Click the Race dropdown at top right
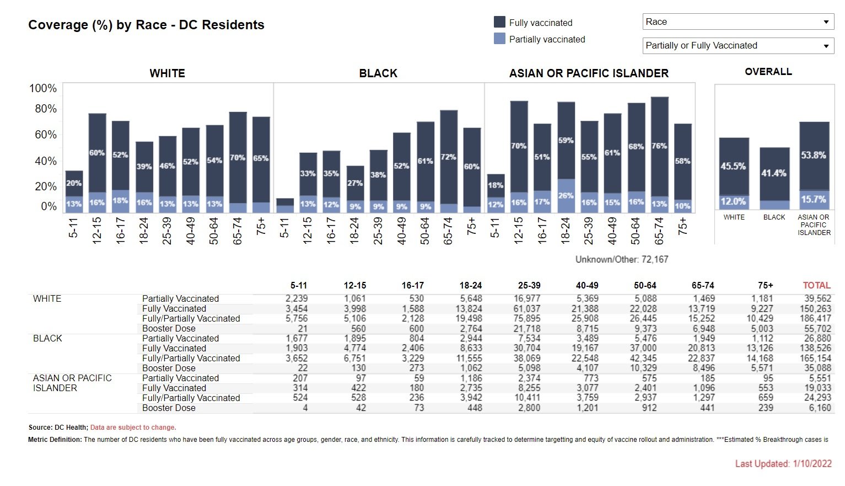[x=738, y=22]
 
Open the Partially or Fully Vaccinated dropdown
[x=738, y=46]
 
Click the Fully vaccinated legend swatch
[x=499, y=22]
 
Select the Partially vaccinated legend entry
[x=547, y=39]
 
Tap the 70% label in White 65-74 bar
[x=238, y=158]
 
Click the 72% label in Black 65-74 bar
[x=449, y=157]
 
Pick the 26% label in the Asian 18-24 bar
[x=566, y=195]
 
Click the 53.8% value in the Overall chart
[x=814, y=156]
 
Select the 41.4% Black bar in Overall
[x=774, y=173]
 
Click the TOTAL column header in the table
[x=816, y=285]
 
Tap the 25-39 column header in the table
[x=529, y=285]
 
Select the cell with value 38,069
[x=527, y=359]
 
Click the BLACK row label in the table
[x=47, y=338]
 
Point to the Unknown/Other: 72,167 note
[x=621, y=259]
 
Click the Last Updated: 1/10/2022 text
[x=783, y=464]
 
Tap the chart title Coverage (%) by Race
[x=146, y=25]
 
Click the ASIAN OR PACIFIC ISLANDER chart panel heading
[x=589, y=73]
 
